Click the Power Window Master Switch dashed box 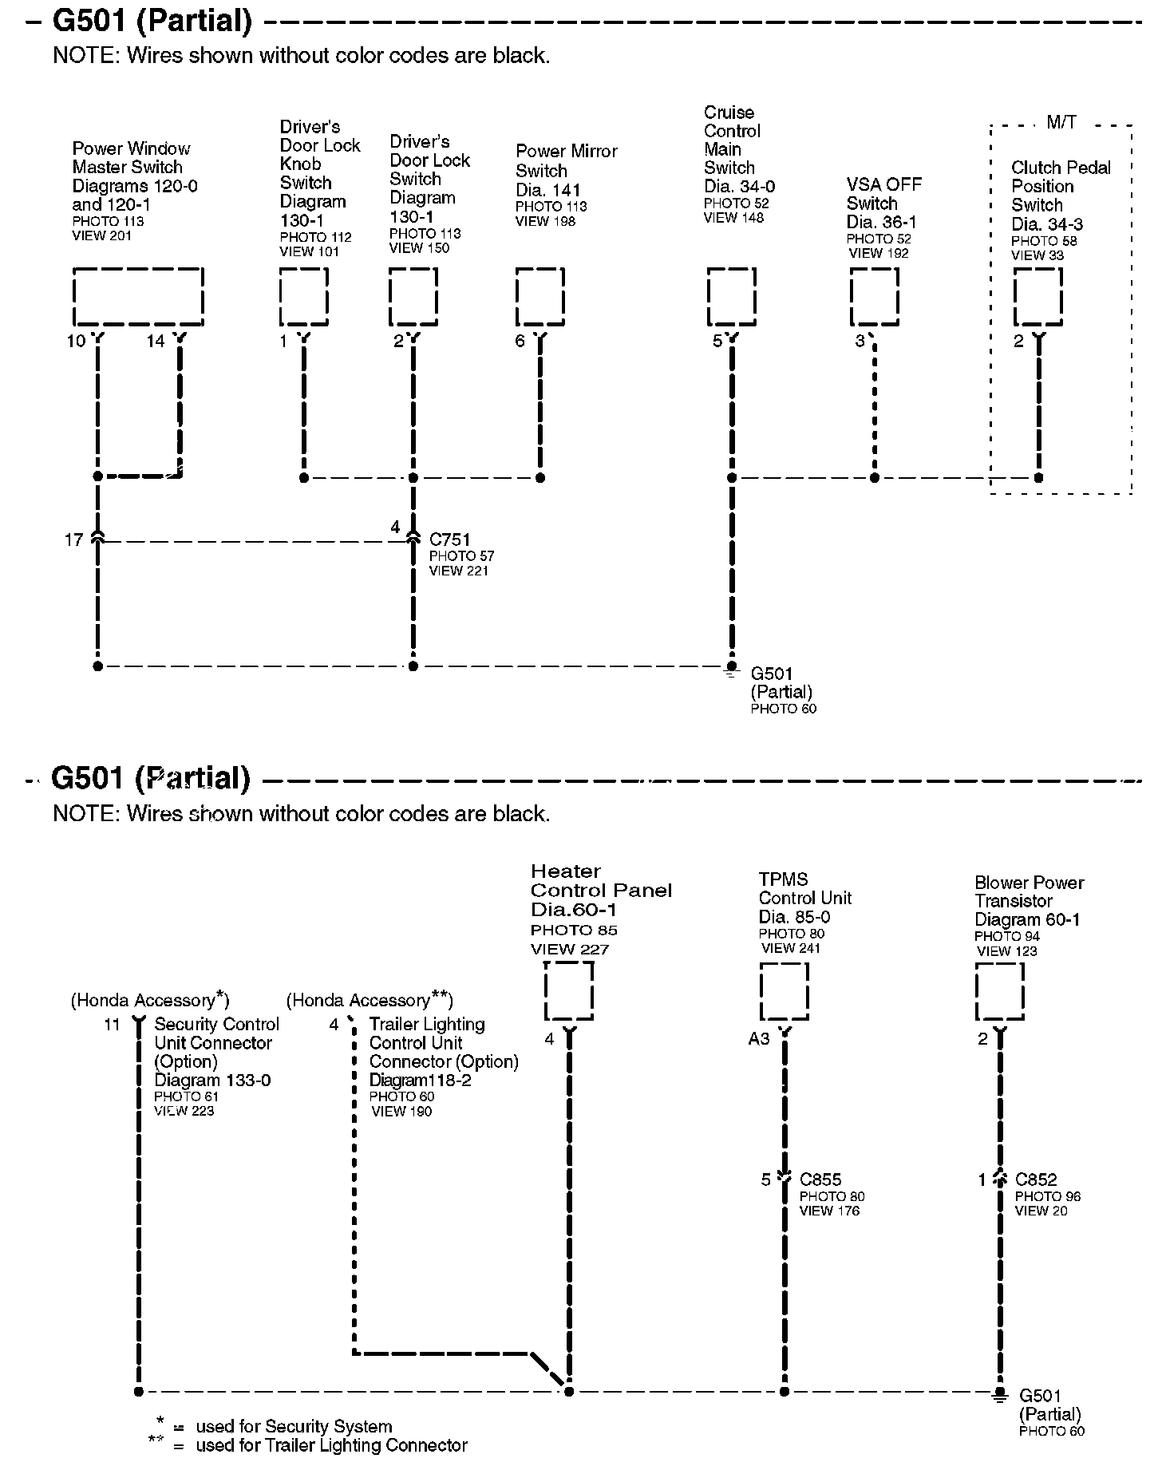point(138,297)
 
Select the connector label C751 point(449,539)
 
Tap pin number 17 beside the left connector point(73,540)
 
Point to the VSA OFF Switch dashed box point(874,297)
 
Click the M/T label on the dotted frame point(1061,122)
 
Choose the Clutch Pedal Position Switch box point(1037,297)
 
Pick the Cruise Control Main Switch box point(732,297)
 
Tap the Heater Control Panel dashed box point(569,990)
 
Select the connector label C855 point(820,1179)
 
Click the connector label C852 point(1036,1179)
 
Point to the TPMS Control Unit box point(784,991)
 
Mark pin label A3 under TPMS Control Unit point(759,1038)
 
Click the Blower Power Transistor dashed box point(999,991)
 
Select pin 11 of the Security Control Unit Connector point(112,1024)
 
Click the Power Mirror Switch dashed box point(540,297)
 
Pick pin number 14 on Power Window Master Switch point(156,342)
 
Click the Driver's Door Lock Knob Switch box point(303,297)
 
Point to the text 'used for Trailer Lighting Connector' point(331,1445)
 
